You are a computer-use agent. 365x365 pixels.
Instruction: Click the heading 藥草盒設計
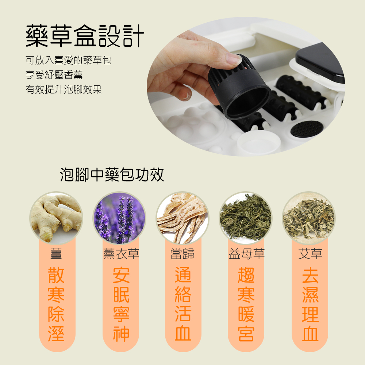tap(85, 36)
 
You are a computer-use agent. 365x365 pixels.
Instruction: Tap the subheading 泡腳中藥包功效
tap(112, 175)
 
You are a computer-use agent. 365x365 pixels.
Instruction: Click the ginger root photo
tap(56, 218)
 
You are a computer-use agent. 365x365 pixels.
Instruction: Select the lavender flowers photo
tap(119, 218)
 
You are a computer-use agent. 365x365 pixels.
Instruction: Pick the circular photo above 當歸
tap(182, 218)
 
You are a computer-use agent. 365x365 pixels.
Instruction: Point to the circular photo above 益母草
tap(246, 218)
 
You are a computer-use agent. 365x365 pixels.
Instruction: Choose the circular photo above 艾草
tap(309, 218)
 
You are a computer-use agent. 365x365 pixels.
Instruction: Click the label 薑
tap(56, 254)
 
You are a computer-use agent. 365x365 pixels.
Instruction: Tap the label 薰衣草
tap(121, 254)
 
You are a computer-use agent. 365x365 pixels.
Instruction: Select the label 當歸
tap(182, 254)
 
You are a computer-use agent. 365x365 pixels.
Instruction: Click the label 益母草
tap(246, 254)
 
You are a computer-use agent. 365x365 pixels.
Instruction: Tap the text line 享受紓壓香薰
tap(54, 75)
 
